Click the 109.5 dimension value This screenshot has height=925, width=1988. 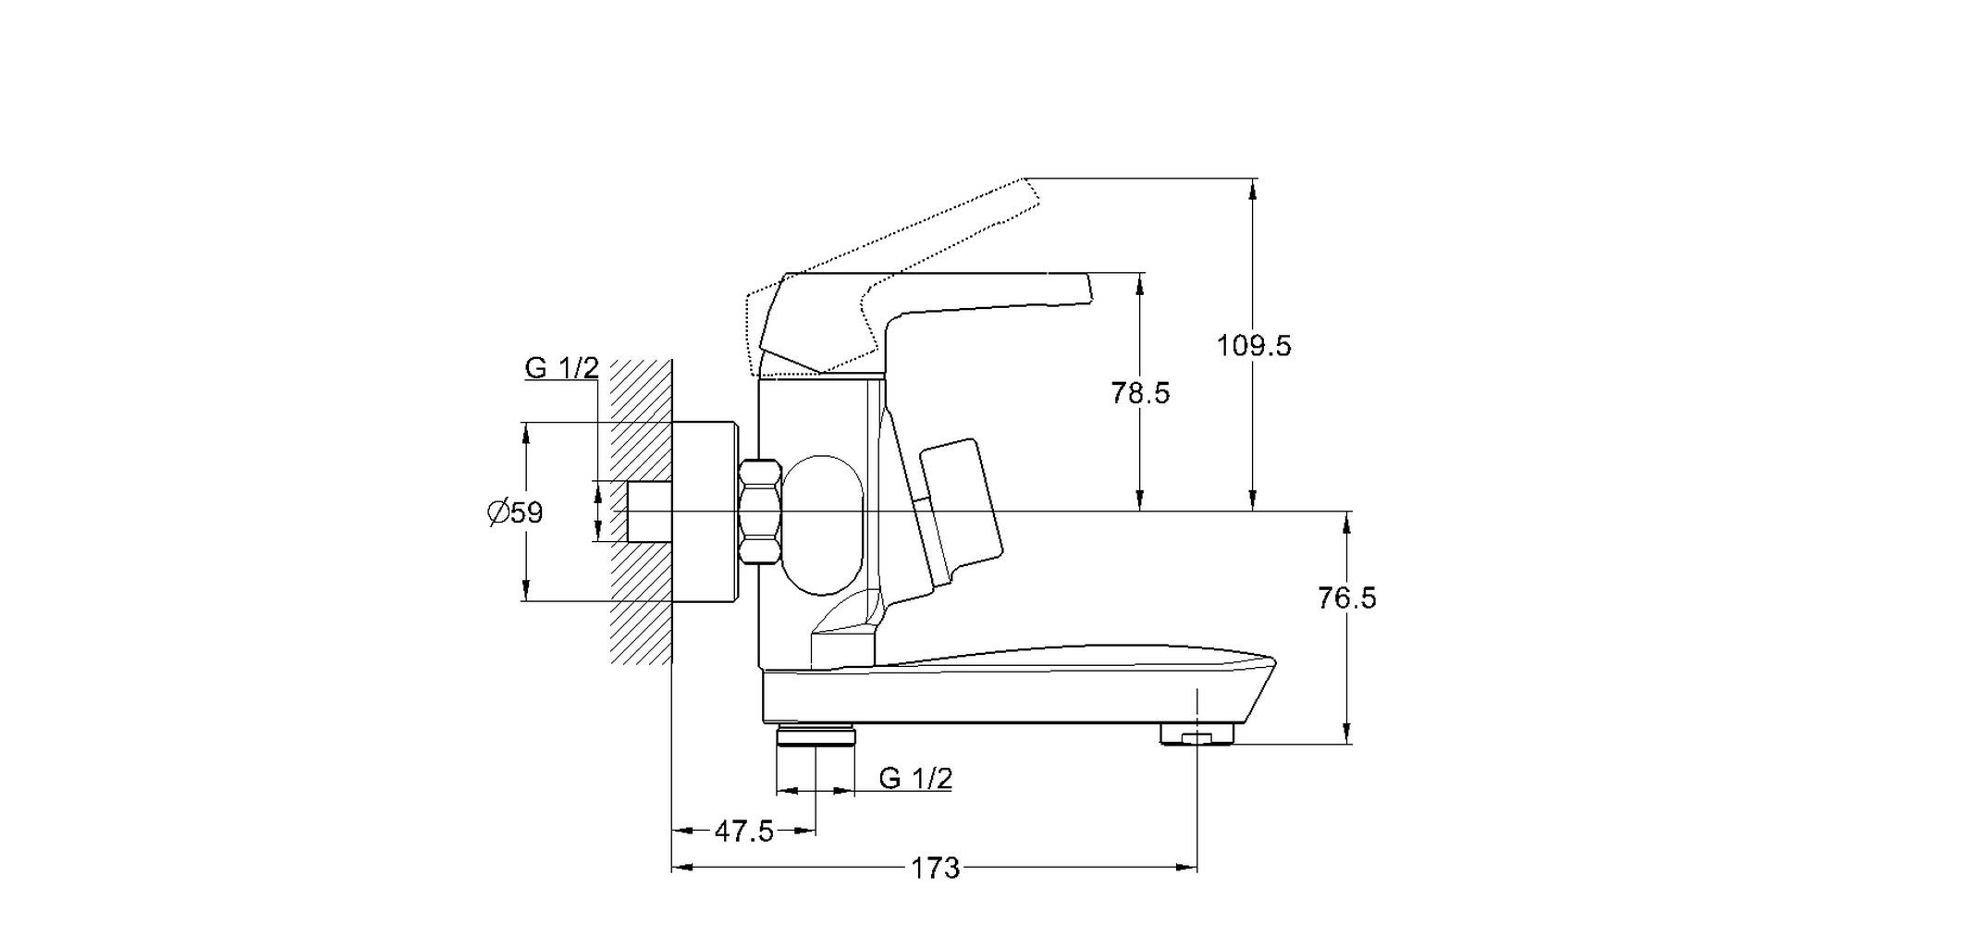[x=1253, y=346]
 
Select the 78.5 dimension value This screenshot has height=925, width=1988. [x=1140, y=393]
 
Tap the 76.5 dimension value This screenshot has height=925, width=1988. [x=1347, y=598]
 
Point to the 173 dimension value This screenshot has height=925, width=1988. [x=936, y=869]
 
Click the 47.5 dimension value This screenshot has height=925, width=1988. [x=744, y=832]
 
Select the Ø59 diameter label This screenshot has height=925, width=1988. [x=515, y=512]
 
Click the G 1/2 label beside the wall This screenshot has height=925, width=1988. [x=562, y=368]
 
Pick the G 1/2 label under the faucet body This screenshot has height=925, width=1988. [x=915, y=778]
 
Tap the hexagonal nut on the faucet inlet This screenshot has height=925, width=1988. [x=760, y=512]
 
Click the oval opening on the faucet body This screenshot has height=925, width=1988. [x=823, y=524]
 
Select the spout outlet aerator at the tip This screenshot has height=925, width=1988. [x=1197, y=734]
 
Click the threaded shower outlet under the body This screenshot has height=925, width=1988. [x=816, y=735]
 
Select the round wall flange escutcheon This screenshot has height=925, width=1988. [x=706, y=512]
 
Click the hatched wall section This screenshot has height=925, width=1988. [x=640, y=512]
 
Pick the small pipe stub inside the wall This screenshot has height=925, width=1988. [x=649, y=512]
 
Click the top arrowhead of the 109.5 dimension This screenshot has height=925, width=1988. [x=1253, y=189]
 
